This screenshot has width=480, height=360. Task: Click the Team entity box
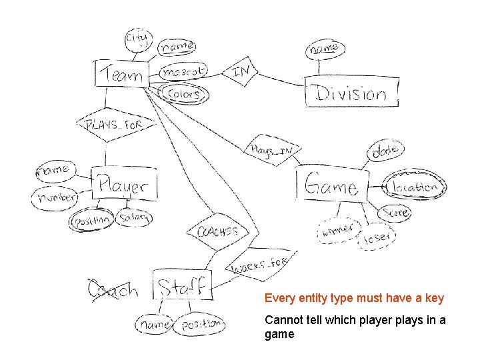pyautogui.click(x=121, y=73)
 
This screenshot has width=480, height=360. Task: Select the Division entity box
pyautogui.click(x=351, y=92)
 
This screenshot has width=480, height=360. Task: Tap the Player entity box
pyautogui.click(x=125, y=183)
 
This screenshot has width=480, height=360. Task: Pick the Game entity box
pyautogui.click(x=331, y=185)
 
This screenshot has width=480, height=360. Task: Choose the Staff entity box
pyautogui.click(x=182, y=286)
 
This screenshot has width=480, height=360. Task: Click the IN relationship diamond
pyautogui.click(x=241, y=71)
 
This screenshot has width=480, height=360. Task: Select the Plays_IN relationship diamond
pyautogui.click(x=271, y=149)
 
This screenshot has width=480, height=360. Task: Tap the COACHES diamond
pyautogui.click(x=217, y=232)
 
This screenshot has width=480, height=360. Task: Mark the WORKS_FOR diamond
pyautogui.click(x=259, y=266)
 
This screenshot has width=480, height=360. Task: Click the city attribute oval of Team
pyautogui.click(x=138, y=39)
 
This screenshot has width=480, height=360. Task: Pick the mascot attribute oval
pyautogui.click(x=183, y=71)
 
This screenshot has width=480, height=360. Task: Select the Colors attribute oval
pyautogui.click(x=183, y=94)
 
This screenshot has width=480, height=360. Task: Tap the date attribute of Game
pyautogui.click(x=385, y=152)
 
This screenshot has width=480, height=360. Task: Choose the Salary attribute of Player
pyautogui.click(x=135, y=217)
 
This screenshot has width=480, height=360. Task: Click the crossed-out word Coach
pyautogui.click(x=113, y=290)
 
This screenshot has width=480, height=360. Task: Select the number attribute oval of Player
pyautogui.click(x=56, y=198)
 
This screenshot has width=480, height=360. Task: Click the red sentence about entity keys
pyautogui.click(x=354, y=298)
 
